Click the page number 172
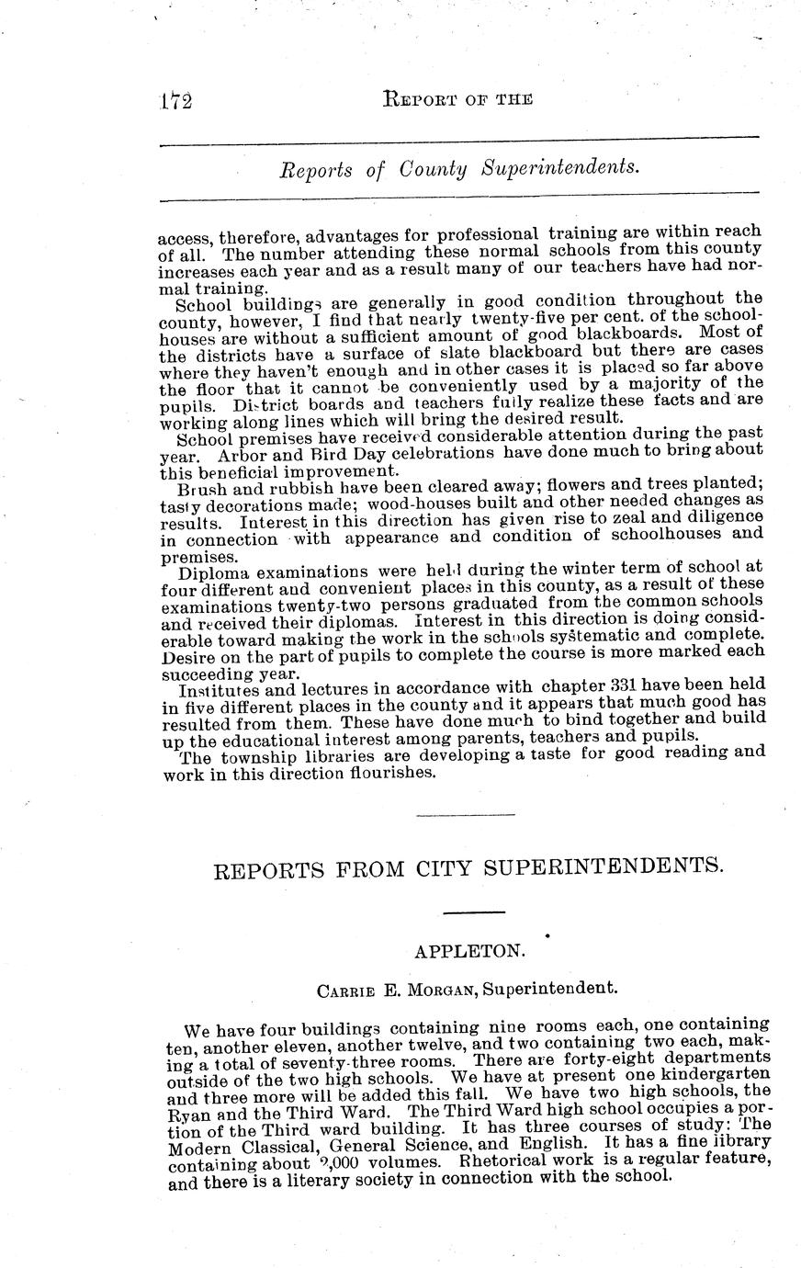(x=174, y=100)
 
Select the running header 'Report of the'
(x=457, y=99)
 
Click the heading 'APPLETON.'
(x=469, y=952)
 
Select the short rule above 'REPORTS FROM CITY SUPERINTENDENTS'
(x=465, y=815)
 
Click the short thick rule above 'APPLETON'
(x=474, y=912)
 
